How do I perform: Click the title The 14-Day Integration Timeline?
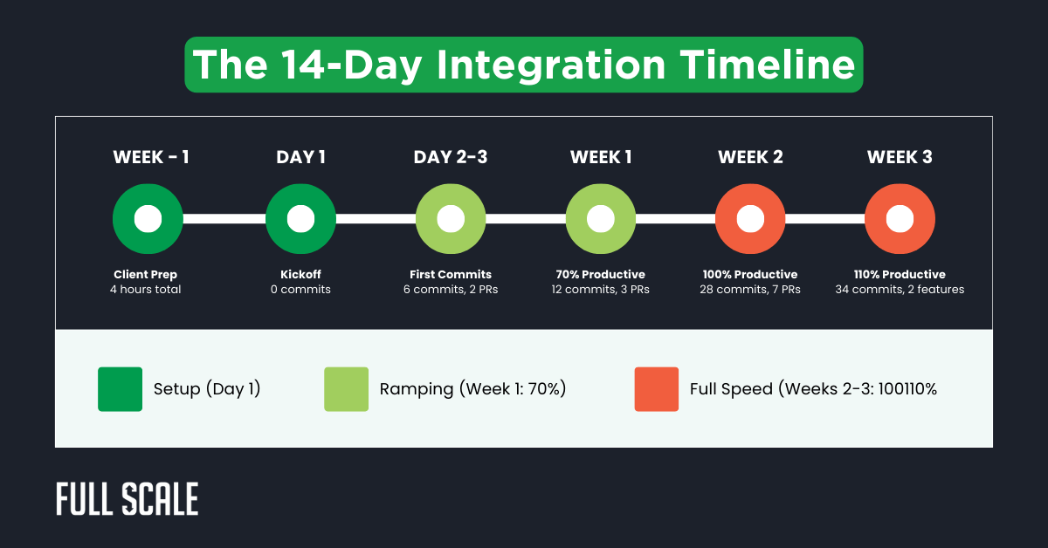[523, 65]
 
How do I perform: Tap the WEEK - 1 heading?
[151, 157]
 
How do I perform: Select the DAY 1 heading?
[300, 157]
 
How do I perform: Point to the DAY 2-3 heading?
[451, 157]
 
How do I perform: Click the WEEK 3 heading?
[900, 157]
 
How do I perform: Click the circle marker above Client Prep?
[148, 219]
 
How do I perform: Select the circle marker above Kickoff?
[300, 219]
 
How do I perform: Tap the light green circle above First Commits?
[451, 219]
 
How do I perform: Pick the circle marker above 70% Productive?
[601, 219]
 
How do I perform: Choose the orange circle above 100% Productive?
[750, 219]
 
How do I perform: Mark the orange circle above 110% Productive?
[900, 219]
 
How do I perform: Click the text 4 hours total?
[145, 289]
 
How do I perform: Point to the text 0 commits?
[300, 289]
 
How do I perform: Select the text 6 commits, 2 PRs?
[451, 289]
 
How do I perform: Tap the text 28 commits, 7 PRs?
[750, 289]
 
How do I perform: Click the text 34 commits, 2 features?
[900, 289]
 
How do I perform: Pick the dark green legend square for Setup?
[120, 389]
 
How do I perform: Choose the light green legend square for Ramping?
[346, 389]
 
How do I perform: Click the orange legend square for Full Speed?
[656, 389]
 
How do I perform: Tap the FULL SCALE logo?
[128, 499]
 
